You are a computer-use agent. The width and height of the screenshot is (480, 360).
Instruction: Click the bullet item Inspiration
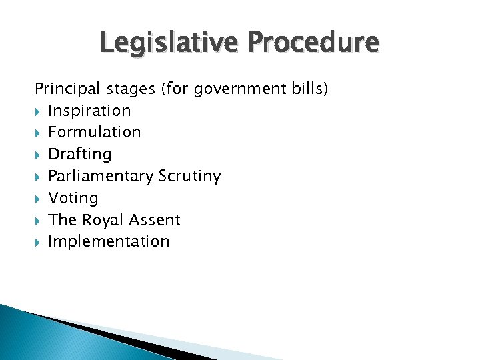click(x=89, y=111)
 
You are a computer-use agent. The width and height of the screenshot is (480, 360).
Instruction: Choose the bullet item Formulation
click(x=94, y=132)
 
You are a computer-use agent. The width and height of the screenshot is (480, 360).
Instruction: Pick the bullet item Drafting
click(x=79, y=154)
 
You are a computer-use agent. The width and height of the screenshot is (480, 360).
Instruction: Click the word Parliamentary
click(x=101, y=176)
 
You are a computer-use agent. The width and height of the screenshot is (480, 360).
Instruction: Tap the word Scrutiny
click(x=189, y=176)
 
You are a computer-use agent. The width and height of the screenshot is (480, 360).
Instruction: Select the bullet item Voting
click(x=73, y=198)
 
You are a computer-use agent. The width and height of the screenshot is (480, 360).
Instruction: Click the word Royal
click(x=103, y=220)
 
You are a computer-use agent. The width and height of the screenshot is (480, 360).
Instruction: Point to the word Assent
click(x=155, y=220)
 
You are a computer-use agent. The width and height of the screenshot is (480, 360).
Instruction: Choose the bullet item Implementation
click(x=109, y=241)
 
